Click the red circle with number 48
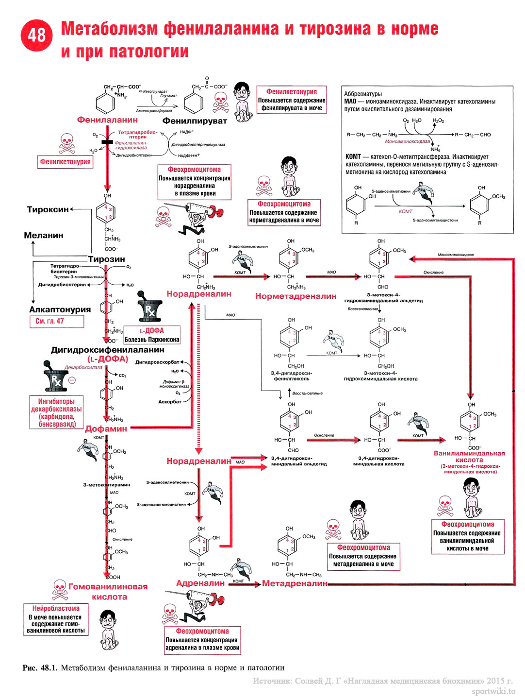pos(36,35)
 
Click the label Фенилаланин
pos(107,120)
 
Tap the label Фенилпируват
pos(195,121)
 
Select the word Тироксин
pos(48,209)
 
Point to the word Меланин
pos(44,235)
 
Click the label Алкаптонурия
pos(60,309)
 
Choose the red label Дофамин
pos(106,429)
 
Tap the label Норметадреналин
pos(295,296)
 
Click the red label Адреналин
pos(200,583)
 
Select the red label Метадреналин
pos(295,583)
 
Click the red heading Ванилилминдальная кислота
pos(469,457)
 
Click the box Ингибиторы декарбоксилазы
pos(56,413)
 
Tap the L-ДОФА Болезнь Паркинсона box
pos(152,335)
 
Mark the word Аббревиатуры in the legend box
pos(363,94)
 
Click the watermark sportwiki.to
pos(493,691)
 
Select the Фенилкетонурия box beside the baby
pos(291,100)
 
